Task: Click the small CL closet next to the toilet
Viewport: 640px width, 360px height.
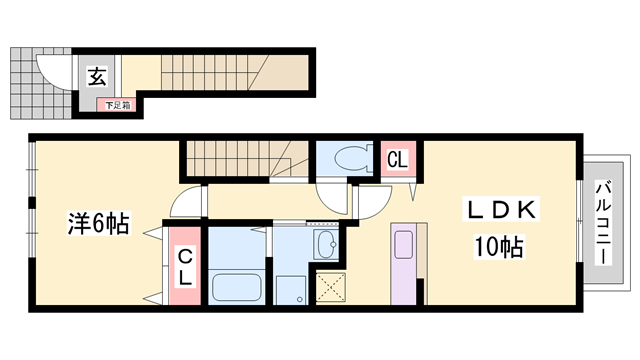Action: click(x=397, y=160)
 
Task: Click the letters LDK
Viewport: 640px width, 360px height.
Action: click(x=503, y=210)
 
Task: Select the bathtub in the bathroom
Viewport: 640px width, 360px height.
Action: click(x=237, y=285)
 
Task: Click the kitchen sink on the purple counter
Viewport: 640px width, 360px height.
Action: click(x=403, y=247)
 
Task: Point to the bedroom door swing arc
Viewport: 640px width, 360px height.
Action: click(x=185, y=203)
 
